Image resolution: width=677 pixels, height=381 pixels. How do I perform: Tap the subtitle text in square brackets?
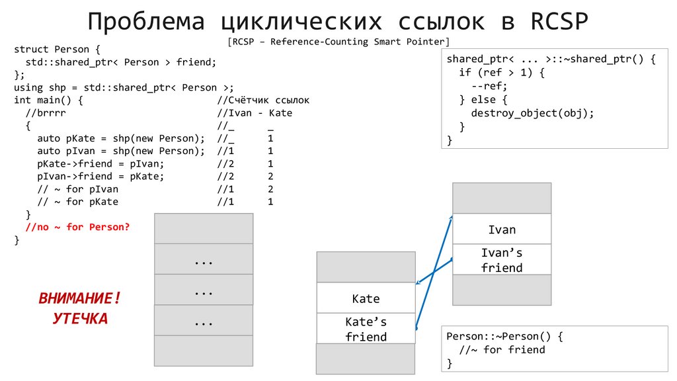(x=338, y=42)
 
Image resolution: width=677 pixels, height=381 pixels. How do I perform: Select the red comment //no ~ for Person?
(x=77, y=227)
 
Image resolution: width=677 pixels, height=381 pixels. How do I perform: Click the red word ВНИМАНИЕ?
(x=80, y=298)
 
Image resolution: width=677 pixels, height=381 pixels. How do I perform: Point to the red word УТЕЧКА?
(x=80, y=319)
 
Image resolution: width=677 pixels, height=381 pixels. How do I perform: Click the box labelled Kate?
(x=366, y=298)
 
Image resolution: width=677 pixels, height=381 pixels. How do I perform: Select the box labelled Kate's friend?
(x=366, y=329)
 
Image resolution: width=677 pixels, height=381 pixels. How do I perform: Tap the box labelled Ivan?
(x=502, y=230)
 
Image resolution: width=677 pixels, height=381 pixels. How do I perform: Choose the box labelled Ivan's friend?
(x=502, y=260)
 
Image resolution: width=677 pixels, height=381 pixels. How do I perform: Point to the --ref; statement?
(x=489, y=86)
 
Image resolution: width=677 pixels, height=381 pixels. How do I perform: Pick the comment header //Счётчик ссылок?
(x=263, y=100)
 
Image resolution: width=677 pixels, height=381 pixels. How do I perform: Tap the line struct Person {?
(x=57, y=49)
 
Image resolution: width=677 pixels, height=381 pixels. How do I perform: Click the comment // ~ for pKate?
(x=78, y=202)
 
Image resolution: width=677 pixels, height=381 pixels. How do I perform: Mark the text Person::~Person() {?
(x=504, y=336)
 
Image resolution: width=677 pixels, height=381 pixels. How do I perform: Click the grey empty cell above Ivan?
(x=502, y=198)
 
